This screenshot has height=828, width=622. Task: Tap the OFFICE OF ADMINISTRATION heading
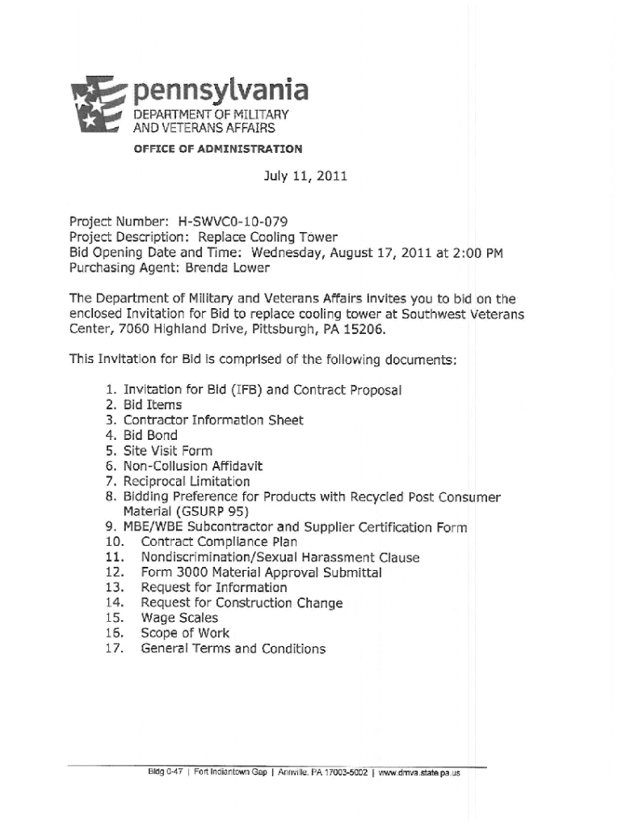[218, 149]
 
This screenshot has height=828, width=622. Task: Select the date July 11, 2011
[305, 175]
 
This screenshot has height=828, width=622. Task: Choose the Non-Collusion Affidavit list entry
[193, 466]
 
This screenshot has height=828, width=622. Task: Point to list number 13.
[113, 588]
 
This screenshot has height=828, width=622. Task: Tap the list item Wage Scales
[179, 619]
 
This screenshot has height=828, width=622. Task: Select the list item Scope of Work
[185, 634]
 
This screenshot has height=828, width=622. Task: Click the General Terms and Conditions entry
[233, 649]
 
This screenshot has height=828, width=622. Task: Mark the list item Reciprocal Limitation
[187, 481]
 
